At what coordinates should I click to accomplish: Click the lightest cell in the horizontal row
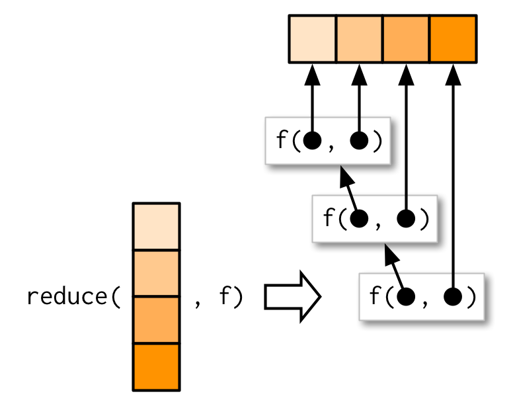tap(313, 39)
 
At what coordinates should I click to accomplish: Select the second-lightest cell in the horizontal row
tap(360, 39)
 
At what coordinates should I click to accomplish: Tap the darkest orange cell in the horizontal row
tap(453, 39)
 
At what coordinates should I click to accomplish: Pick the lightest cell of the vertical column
tap(156, 227)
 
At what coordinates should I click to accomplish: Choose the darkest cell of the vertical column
tap(156, 366)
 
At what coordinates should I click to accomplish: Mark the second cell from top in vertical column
tap(156, 274)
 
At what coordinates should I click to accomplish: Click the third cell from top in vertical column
tap(156, 320)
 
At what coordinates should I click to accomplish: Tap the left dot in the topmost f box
tap(313, 141)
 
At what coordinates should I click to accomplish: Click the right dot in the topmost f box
tap(360, 141)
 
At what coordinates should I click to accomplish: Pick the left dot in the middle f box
tap(360, 219)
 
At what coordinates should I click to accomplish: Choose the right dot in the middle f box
tap(407, 219)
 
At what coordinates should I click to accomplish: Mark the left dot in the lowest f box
tap(406, 297)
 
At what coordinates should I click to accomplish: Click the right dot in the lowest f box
tap(453, 297)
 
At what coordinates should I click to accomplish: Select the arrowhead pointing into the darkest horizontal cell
tap(453, 74)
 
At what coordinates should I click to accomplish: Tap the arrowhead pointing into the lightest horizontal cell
tap(313, 74)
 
